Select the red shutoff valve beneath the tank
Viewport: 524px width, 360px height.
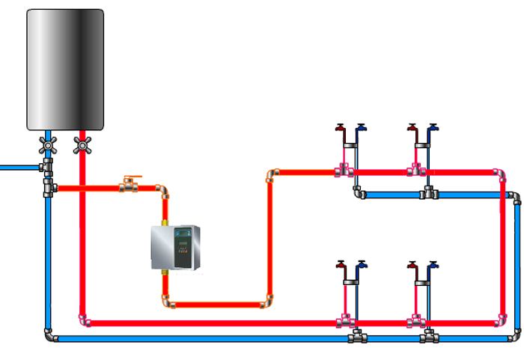(x=82, y=147)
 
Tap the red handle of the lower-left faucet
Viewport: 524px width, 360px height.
(x=341, y=264)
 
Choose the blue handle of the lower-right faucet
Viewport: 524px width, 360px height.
(x=433, y=264)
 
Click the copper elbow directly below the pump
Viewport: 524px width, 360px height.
(x=165, y=303)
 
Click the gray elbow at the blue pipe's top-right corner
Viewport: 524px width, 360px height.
(x=515, y=197)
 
